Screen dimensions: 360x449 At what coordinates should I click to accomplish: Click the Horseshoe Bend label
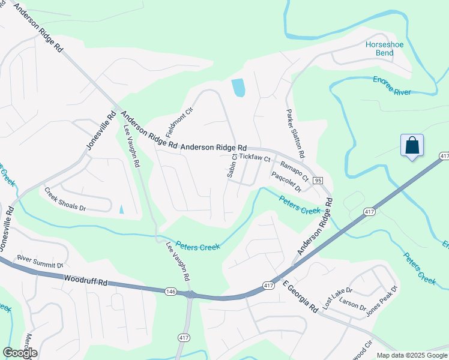coord(379,49)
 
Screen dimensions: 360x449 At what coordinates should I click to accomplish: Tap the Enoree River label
coord(392,86)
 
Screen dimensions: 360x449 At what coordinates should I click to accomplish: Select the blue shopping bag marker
coord(412,146)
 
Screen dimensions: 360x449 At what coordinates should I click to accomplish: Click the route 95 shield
coord(318,181)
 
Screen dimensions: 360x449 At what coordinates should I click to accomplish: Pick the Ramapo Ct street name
coord(294,171)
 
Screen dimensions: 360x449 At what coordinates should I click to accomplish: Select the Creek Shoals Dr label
coord(65,200)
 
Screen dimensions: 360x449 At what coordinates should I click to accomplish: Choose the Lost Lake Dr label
coord(335,297)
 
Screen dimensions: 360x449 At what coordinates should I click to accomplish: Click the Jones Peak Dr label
coord(382,301)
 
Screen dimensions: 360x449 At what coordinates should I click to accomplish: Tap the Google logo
coord(20,353)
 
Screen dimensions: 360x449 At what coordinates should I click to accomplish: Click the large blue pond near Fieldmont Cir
coord(238,88)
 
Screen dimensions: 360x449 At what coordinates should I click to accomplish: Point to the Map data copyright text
coord(412,355)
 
